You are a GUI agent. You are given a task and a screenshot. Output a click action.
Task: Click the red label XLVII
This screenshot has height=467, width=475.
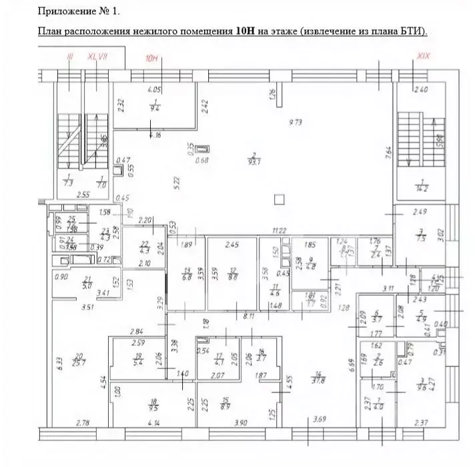pyautogui.click(x=97, y=57)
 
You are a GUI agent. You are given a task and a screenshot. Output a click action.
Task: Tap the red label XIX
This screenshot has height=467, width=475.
pyautogui.click(x=422, y=56)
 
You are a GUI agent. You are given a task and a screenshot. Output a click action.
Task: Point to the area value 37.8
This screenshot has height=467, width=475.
pyautogui.click(x=318, y=381)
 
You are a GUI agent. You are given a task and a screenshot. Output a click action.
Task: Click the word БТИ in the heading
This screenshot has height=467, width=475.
pyautogui.click(x=412, y=31)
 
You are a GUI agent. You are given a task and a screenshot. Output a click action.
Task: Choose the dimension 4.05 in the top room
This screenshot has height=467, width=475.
pyautogui.click(x=154, y=89)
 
